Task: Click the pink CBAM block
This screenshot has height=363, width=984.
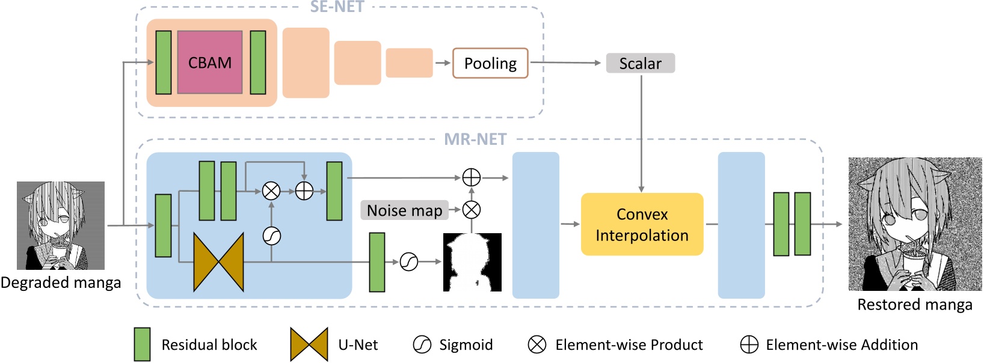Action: pos(210,63)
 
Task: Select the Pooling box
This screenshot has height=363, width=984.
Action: pos(490,63)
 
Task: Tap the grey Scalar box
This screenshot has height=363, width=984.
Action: pos(641,63)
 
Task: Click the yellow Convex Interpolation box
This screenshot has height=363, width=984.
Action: pos(642,224)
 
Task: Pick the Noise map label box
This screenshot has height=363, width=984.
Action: pos(405,210)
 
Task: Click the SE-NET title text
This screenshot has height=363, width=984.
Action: pos(337,7)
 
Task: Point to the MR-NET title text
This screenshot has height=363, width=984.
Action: pos(475,139)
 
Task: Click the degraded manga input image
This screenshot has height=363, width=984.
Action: pos(61,225)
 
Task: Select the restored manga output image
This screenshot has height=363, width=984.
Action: pos(915,224)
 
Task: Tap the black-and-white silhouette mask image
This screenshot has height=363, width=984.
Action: pos(472,262)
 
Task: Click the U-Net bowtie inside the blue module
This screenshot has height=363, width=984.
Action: pos(219,262)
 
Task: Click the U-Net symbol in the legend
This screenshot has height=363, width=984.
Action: pos(309,344)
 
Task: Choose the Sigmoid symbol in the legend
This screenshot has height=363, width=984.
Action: pos(422,344)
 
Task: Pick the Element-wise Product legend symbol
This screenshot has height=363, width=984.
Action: pos(537,344)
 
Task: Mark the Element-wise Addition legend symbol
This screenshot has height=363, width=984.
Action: pos(749,344)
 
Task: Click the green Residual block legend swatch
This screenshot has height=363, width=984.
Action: pos(143,344)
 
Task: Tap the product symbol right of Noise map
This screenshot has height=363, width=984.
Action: pos(472,210)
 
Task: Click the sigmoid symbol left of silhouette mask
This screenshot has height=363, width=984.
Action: pos(409,262)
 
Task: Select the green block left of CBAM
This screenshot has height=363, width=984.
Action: pos(164,63)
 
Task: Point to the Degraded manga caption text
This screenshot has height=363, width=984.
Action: pos(61,282)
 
